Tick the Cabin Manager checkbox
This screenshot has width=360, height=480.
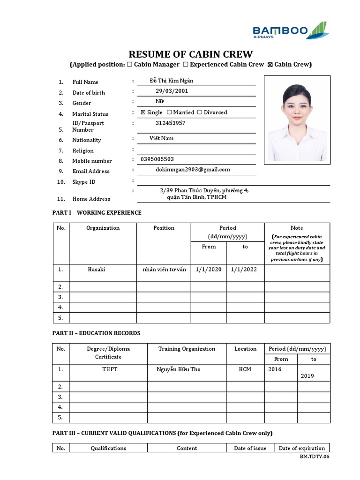pos(129,65)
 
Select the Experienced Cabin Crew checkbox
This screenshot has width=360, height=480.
pos(186,65)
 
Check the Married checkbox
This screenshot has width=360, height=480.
pos(169,112)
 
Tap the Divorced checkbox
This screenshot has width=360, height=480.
pos(200,112)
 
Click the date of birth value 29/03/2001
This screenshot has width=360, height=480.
pos(172,91)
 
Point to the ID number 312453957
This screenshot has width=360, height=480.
pos(170,123)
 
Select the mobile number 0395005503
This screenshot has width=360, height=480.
pos(157,159)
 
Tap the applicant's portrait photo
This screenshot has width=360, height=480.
pos(297,120)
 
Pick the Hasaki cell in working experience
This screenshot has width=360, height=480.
pos(97,270)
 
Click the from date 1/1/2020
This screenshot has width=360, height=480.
pos(208,270)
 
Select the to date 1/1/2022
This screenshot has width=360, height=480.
pos(244,270)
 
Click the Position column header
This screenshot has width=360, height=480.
pos(164,228)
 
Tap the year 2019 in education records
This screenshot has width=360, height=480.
pos(307,376)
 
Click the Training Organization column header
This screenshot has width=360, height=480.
pos(187,349)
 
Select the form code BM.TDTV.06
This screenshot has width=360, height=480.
pos(315,457)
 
